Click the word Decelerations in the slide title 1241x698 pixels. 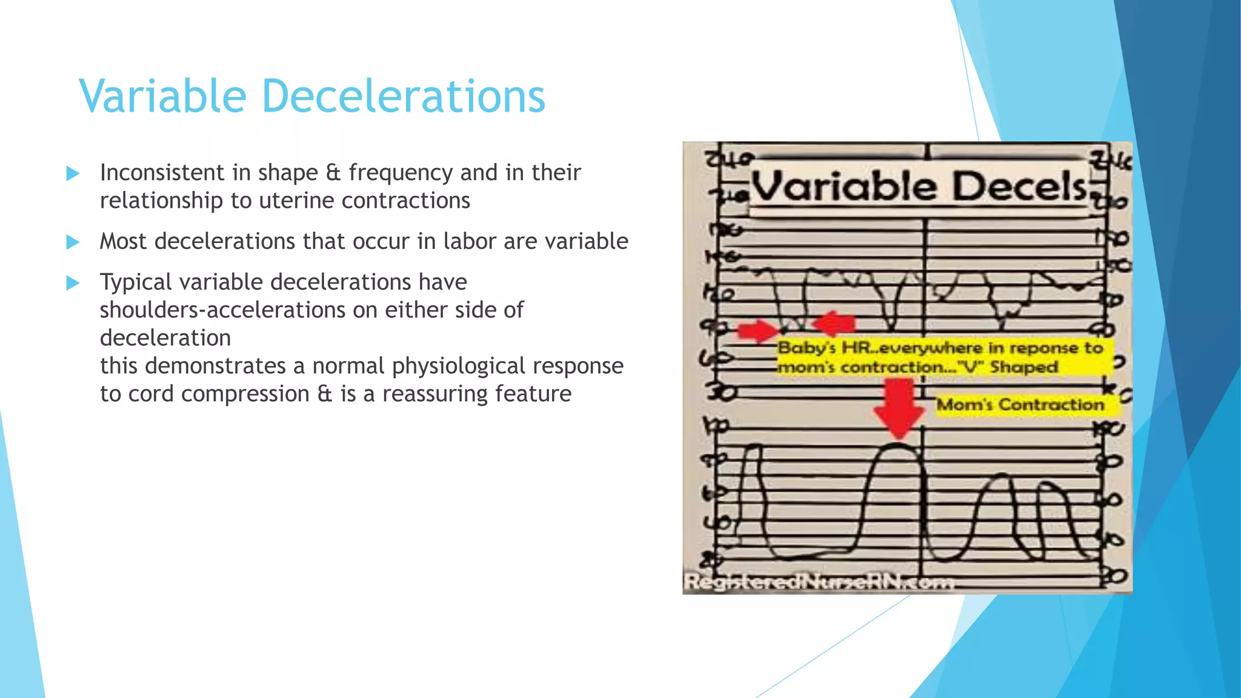pyautogui.click(x=403, y=96)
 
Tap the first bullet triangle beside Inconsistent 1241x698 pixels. pyautogui.click(x=73, y=174)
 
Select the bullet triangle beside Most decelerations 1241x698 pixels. pyautogui.click(x=73, y=242)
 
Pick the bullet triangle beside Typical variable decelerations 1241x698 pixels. pyautogui.click(x=73, y=283)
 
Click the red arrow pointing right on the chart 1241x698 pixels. pyautogui.click(x=757, y=331)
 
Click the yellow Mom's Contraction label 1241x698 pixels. pyautogui.click(x=1021, y=404)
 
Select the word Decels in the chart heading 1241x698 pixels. pyautogui.click(x=1020, y=187)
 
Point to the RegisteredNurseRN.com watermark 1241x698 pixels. pyautogui.click(x=818, y=582)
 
